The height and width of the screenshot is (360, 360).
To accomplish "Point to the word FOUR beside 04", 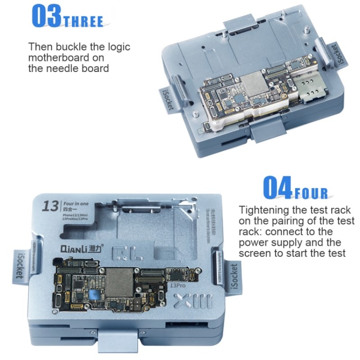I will click(x=311, y=193).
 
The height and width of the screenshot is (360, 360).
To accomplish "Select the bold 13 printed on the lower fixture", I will click(x=50, y=206).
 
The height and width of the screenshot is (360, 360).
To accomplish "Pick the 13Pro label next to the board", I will click(x=178, y=284).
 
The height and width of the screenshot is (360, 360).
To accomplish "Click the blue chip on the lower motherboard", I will click(x=94, y=295).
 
